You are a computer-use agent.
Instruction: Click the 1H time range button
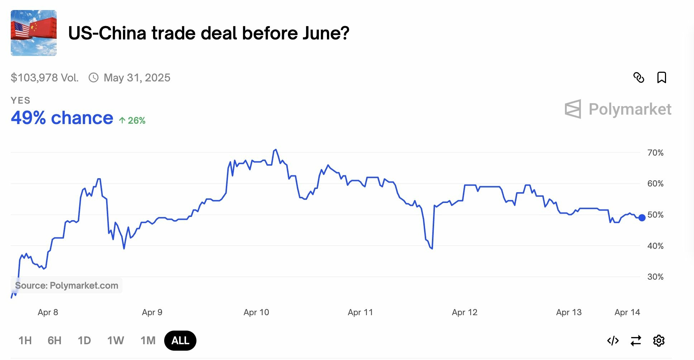pos(25,340)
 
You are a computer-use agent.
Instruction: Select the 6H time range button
pos(54,340)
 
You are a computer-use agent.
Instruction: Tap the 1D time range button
pos(84,340)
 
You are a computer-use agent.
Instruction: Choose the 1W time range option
pos(115,340)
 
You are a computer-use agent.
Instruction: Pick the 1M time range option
pos(148,340)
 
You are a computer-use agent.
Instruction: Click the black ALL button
pos(180,340)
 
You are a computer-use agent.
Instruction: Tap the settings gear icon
pos(659,340)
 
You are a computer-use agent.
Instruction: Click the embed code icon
pos(613,340)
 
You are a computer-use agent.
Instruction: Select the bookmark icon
pos(661,77)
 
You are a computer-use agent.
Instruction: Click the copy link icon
pos(639,77)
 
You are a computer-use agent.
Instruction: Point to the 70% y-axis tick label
pos(655,153)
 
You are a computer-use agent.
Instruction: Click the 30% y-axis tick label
pos(655,277)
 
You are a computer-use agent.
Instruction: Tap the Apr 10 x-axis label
pos(256,312)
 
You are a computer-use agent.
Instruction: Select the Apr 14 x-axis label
pos(627,312)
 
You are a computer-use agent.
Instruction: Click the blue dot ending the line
pos(642,217)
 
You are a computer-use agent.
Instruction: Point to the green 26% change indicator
pos(132,120)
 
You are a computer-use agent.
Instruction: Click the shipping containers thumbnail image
pos(34,33)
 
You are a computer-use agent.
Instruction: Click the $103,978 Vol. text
pos(44,77)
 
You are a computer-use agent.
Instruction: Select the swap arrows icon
pos(636,340)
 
